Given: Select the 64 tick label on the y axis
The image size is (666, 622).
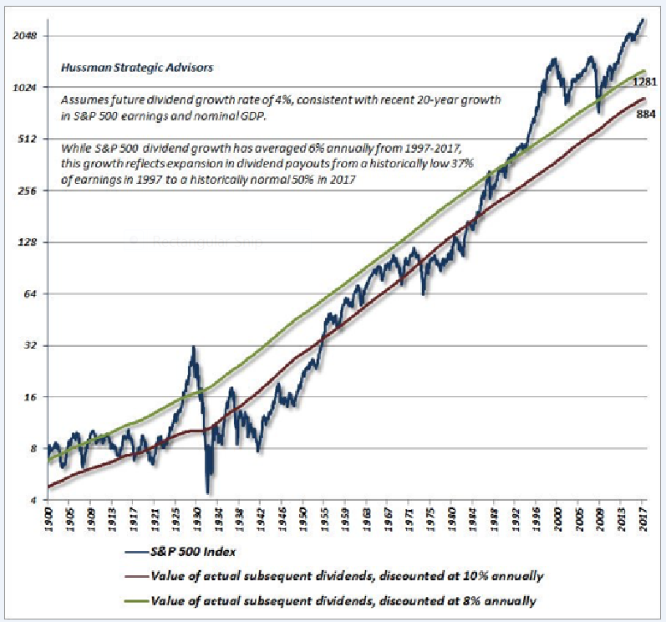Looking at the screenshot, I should pos(31,294).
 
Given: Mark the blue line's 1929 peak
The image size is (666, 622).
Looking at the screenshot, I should pos(194,347).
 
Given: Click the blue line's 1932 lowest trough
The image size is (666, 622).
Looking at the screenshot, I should pos(207,494).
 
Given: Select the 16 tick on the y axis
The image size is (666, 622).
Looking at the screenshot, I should pos(31,397).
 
